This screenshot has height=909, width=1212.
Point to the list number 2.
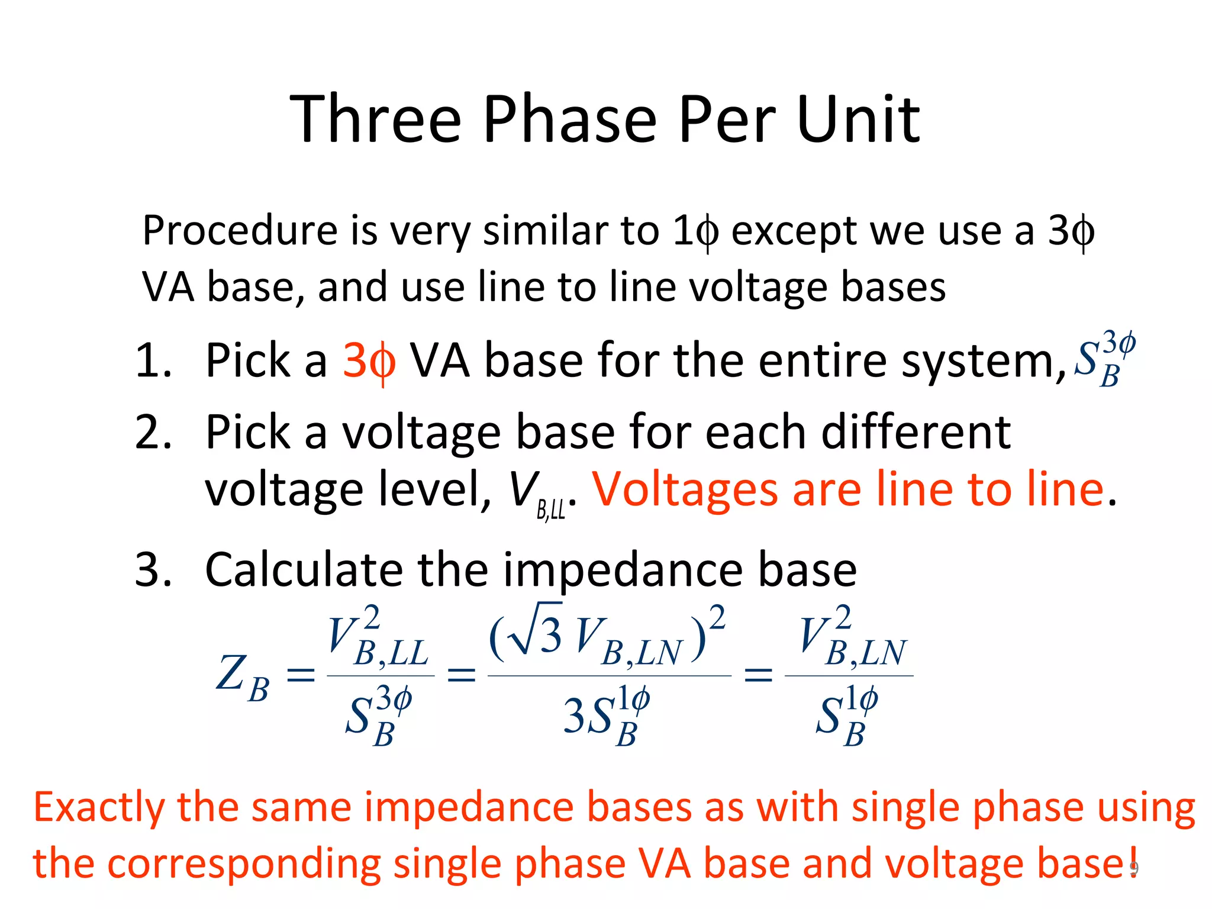coord(153,432)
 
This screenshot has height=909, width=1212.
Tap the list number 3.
coord(153,569)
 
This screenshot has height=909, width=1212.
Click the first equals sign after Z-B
coord(300,675)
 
